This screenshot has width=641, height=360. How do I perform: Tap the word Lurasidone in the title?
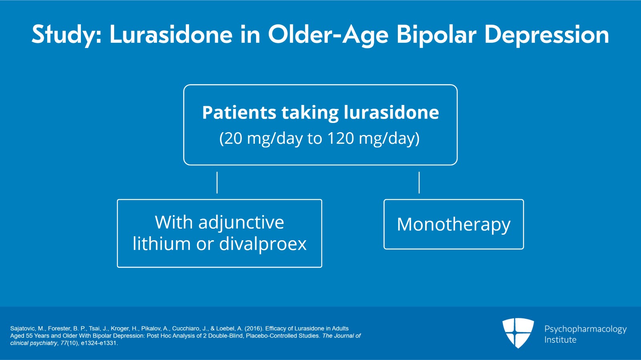171,34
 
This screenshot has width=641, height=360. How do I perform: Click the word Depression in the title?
546,35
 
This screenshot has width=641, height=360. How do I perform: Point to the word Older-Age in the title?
328,35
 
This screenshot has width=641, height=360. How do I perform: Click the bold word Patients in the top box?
239,113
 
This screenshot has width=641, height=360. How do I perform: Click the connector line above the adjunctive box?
217,183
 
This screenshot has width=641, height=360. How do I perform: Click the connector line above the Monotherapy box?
419,183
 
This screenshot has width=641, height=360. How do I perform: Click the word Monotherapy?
454,224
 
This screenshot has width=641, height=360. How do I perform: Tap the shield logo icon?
518,332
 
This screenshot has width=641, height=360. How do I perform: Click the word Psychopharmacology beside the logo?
585,329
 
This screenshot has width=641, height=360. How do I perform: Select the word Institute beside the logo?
560,340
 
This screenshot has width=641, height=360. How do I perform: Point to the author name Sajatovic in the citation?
22,328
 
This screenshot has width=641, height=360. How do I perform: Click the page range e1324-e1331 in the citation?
99,343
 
